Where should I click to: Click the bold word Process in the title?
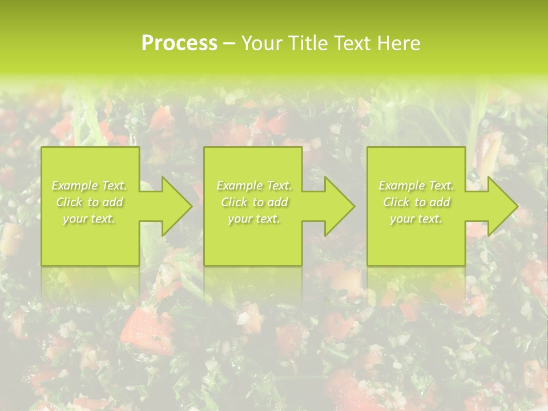(179, 43)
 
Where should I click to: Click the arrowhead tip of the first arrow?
(191, 206)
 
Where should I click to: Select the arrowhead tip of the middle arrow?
(354, 206)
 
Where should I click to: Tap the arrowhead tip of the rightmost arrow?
(517, 206)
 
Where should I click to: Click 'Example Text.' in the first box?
(90, 186)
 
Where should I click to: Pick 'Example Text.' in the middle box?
(254, 186)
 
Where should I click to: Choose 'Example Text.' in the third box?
(416, 186)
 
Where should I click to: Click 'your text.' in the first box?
(90, 219)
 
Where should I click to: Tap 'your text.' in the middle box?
(254, 219)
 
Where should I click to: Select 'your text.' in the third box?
(416, 219)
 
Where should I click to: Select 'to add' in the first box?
(106, 202)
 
